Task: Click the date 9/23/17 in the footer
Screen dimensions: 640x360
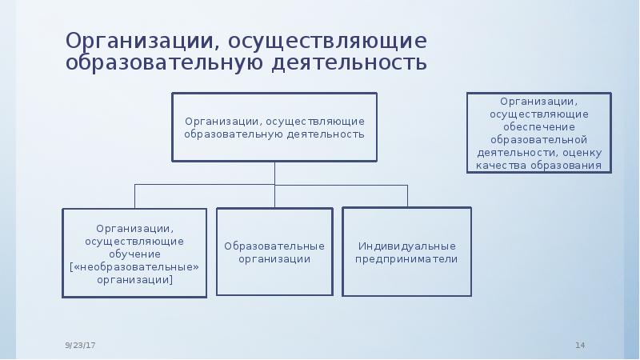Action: pyautogui.click(x=80, y=346)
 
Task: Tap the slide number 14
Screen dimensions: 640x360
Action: pyautogui.click(x=580, y=346)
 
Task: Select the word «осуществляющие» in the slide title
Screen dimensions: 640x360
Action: pyautogui.click(x=327, y=42)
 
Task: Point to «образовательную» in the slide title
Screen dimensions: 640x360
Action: pyautogui.click(x=164, y=63)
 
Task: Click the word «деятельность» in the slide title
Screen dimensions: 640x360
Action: pyautogui.click(x=350, y=63)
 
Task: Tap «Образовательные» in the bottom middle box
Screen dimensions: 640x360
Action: pyautogui.click(x=274, y=246)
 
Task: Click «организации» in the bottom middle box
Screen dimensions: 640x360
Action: pyautogui.click(x=274, y=259)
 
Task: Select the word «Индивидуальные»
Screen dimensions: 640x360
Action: pyautogui.click(x=407, y=246)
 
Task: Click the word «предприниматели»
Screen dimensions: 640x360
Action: pyautogui.click(x=406, y=259)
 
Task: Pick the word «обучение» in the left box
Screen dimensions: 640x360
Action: pyautogui.click(x=134, y=254)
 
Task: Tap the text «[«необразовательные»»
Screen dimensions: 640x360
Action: pyautogui.click(x=134, y=267)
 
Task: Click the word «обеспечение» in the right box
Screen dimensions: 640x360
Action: pyautogui.click(x=539, y=127)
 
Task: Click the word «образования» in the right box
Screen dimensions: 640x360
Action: pyautogui.click(x=566, y=166)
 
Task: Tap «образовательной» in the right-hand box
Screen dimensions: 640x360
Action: pyautogui.click(x=538, y=140)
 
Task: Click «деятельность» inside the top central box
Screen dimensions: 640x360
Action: pyautogui.click(x=326, y=134)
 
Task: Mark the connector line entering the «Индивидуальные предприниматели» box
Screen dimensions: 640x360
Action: pyautogui.click(x=407, y=196)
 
